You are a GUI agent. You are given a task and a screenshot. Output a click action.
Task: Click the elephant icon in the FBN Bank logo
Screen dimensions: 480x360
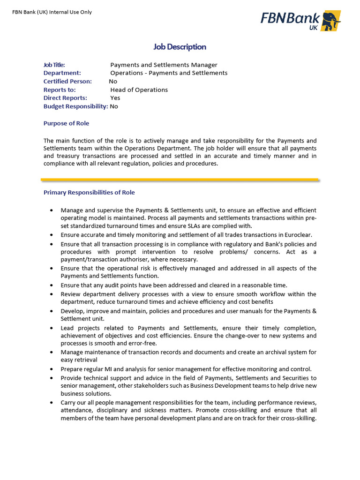331,21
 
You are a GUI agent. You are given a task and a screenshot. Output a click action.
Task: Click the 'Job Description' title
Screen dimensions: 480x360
180,47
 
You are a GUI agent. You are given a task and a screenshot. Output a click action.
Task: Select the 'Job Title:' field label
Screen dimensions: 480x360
54,65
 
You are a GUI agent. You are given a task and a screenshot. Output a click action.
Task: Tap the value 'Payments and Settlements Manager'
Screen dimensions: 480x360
164,65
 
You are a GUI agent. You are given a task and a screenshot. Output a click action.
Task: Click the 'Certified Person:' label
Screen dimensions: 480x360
67,81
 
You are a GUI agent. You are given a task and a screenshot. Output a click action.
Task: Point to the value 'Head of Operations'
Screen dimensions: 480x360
139,90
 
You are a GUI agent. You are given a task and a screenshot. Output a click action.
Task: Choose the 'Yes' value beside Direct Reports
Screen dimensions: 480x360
115,98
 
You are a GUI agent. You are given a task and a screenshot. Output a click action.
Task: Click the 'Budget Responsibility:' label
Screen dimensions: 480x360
75,106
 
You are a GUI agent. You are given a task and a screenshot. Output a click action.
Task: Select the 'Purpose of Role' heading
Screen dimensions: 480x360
66,123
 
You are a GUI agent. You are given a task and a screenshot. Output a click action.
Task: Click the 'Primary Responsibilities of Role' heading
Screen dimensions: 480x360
89,193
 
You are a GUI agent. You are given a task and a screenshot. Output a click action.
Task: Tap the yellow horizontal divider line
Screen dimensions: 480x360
180,179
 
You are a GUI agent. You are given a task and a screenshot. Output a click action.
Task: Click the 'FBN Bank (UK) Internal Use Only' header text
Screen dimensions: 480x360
52,12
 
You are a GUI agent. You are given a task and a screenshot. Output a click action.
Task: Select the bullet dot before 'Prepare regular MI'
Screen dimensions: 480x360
51,369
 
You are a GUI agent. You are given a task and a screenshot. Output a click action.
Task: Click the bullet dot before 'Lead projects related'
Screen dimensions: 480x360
51,328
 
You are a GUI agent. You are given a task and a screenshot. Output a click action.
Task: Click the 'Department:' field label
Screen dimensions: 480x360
62,73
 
